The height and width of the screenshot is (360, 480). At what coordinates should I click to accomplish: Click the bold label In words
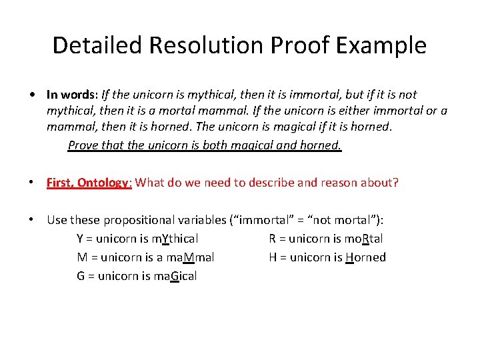coord(71,95)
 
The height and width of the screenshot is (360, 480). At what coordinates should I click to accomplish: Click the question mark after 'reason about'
coord(395,183)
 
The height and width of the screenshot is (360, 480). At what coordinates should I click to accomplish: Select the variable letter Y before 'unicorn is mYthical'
coord(80,239)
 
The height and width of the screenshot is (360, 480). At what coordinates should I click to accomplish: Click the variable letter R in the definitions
coord(273,239)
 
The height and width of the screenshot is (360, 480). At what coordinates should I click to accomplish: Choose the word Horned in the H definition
coord(365,257)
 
